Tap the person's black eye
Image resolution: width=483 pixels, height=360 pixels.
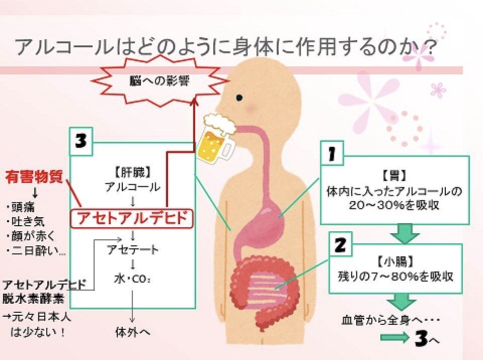(x=240, y=97)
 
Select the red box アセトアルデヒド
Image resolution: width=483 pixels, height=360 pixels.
(x=132, y=218)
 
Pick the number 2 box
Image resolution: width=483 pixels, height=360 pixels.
(x=340, y=245)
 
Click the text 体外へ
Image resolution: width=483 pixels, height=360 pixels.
(x=132, y=332)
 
